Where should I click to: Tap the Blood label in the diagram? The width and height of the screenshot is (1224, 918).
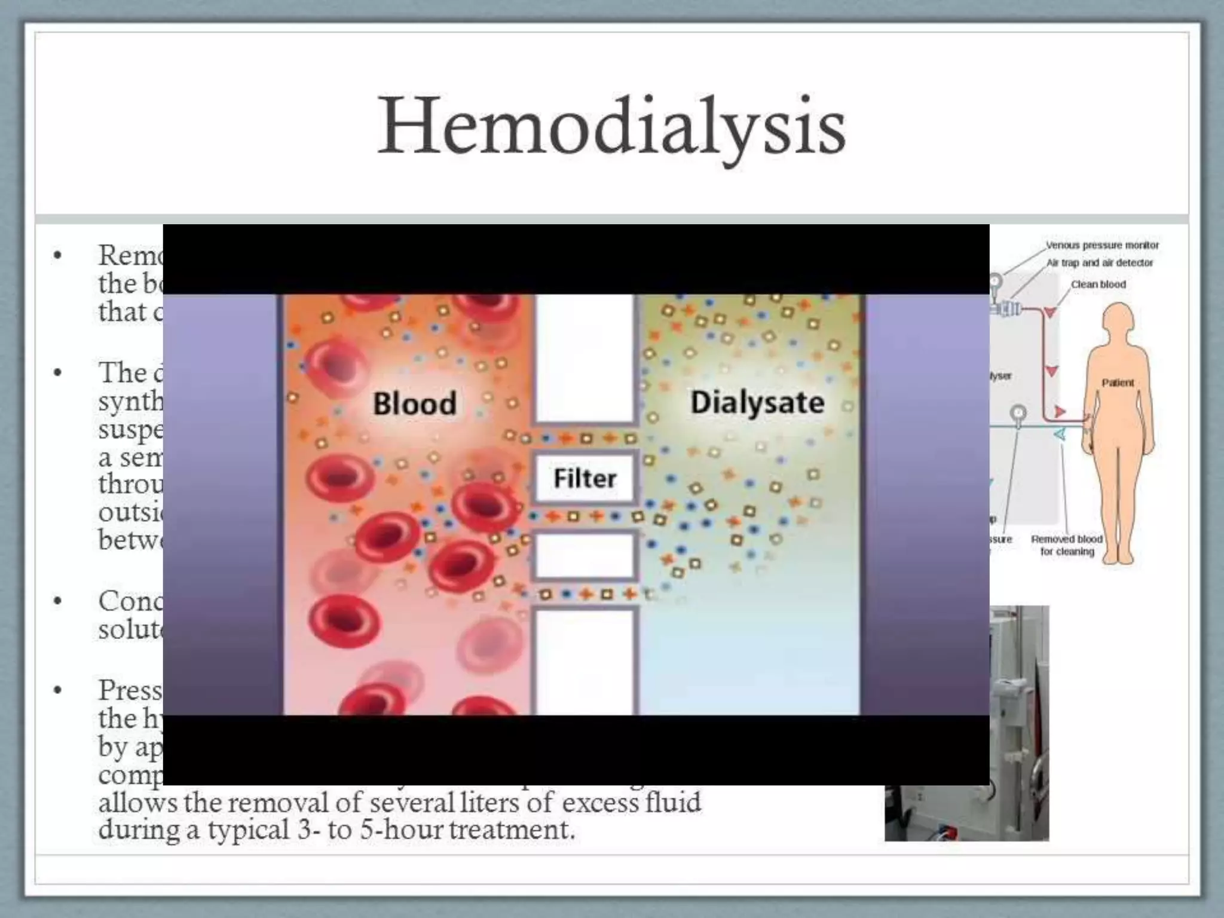(x=414, y=403)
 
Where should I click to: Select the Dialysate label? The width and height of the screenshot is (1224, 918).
(x=757, y=402)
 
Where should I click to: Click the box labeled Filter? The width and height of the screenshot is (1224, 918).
(x=584, y=478)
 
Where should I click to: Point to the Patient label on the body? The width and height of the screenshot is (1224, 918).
(x=1117, y=382)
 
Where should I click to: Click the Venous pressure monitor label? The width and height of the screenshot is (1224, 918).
(x=1101, y=245)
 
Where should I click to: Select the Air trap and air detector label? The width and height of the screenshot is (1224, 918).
(x=1099, y=262)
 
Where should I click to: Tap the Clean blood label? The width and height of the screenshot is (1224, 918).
(x=1098, y=284)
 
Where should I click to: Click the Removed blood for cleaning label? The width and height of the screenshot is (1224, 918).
(x=1067, y=545)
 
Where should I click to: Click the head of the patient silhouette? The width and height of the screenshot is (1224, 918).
(x=1118, y=323)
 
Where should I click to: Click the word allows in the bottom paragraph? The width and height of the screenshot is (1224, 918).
(x=138, y=802)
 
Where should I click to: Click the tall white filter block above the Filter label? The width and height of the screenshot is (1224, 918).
(x=584, y=359)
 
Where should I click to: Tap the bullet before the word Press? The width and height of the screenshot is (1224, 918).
(x=58, y=691)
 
